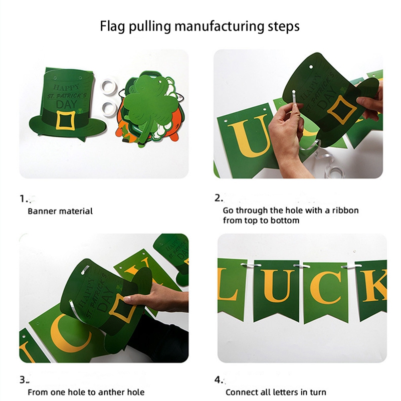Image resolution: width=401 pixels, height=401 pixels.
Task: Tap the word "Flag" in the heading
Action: pyautogui.click(x=113, y=26)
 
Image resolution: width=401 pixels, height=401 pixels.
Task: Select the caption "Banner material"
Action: pyautogui.click(x=60, y=211)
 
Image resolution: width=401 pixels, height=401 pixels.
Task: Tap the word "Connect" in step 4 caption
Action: pyautogui.click(x=241, y=392)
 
